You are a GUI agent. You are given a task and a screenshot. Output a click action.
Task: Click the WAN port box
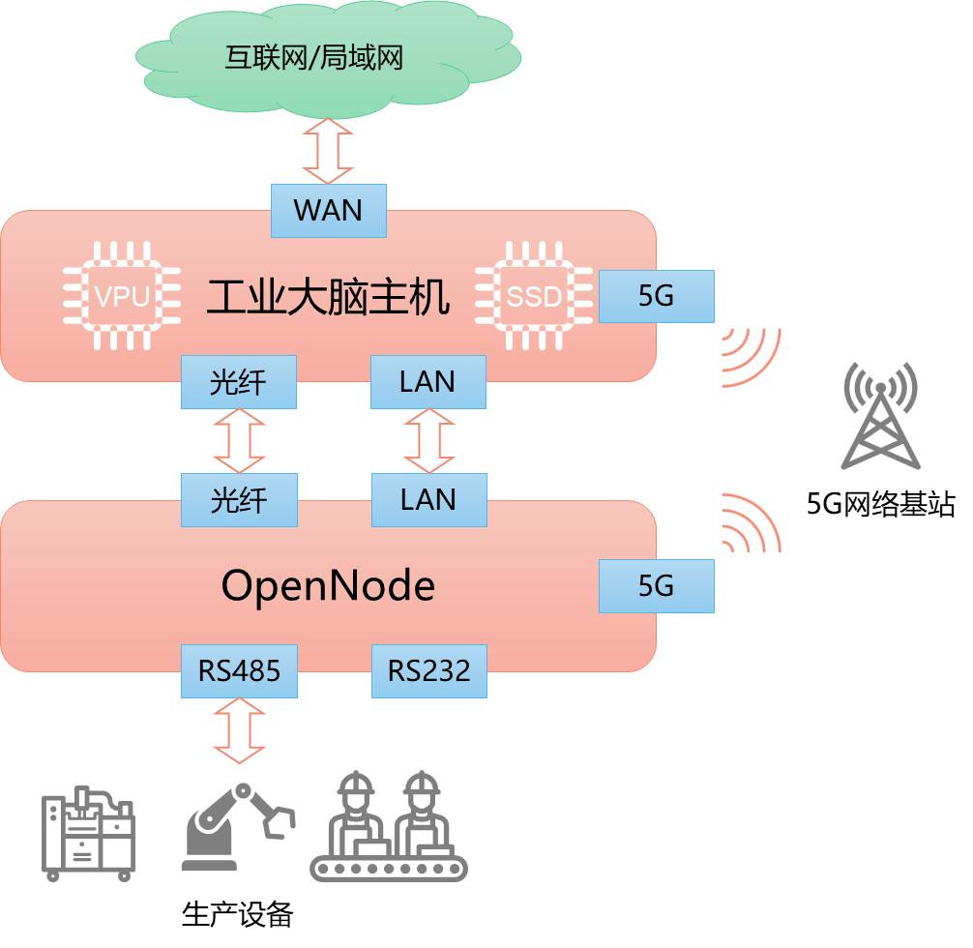point(328,211)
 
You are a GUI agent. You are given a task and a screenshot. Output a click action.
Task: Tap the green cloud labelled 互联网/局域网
point(328,58)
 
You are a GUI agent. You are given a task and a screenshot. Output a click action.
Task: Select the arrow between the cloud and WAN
point(328,151)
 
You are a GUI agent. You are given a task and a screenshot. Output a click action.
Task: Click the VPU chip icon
point(122,295)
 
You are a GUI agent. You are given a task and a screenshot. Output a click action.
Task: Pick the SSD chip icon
point(534,295)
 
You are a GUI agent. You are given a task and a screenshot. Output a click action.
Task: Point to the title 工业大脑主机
point(328,297)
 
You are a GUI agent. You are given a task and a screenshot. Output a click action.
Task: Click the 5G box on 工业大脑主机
point(656,296)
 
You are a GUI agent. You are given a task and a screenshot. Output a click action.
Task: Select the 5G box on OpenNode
point(656,585)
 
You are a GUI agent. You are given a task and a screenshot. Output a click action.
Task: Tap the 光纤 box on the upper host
point(238,382)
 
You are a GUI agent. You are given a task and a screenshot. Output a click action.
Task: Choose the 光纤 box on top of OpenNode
point(238,500)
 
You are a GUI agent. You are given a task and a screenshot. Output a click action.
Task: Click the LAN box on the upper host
point(428,382)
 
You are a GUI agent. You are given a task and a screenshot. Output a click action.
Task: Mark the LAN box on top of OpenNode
point(428,500)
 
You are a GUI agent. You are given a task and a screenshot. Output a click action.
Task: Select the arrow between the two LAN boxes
point(428,441)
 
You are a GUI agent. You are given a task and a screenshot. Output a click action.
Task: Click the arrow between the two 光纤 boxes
point(238,441)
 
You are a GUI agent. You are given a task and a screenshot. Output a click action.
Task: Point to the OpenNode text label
point(328,585)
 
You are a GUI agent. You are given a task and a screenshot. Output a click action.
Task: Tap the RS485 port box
point(238,670)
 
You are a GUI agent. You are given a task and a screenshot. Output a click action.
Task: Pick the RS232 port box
point(428,670)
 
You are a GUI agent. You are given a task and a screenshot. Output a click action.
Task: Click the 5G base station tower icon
point(879,416)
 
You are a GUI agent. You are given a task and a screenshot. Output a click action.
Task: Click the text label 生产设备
point(237,914)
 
